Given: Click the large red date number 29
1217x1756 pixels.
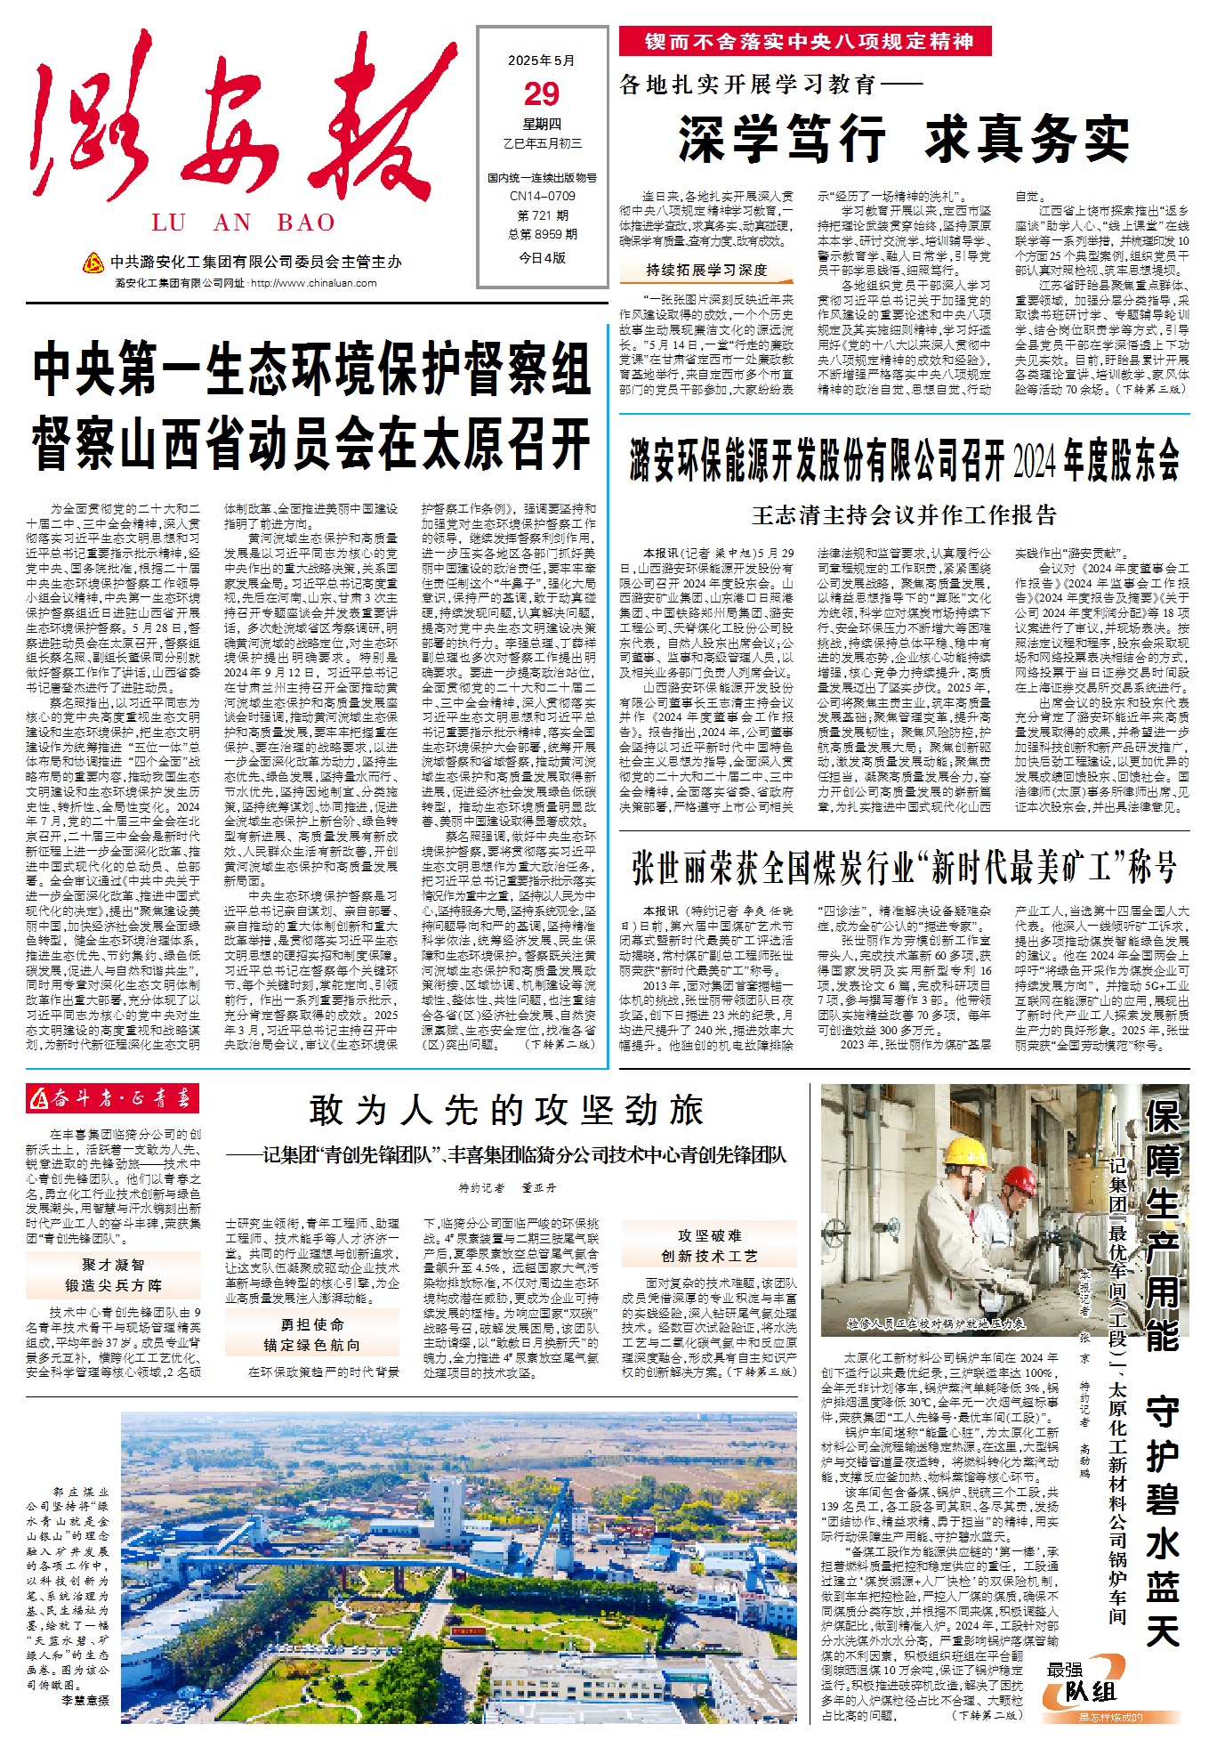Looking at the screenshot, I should pyautogui.click(x=542, y=94).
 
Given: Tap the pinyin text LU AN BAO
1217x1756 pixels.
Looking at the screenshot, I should pyautogui.click(x=244, y=223).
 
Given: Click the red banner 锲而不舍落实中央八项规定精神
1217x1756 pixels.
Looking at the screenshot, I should pyautogui.click(x=810, y=42).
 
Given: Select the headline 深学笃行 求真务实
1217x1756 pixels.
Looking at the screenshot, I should pyautogui.click(x=904, y=139).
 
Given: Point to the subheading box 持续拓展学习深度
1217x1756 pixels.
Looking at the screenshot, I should pyautogui.click(x=706, y=270).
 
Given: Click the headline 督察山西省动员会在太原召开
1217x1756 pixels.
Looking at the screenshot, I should pyautogui.click(x=311, y=442).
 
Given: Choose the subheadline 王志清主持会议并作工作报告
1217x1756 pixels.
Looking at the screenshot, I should pyautogui.click(x=904, y=514).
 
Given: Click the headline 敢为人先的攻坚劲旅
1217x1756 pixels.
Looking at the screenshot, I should pyautogui.click(x=507, y=1110).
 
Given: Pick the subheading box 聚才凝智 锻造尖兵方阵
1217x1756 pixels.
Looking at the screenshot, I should pyautogui.click(x=113, y=1275).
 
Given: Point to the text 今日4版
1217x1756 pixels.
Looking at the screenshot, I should pyautogui.click(x=542, y=258).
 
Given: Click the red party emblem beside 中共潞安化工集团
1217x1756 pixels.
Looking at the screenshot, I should pyautogui.click(x=93, y=263).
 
